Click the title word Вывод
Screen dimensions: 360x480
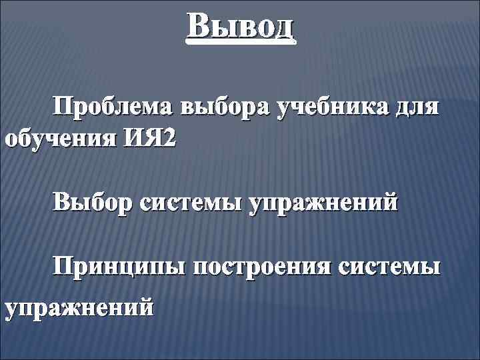pyautogui.click(x=241, y=27)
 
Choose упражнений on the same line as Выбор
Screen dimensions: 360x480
pyautogui.click(x=323, y=202)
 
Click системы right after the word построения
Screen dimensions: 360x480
pyautogui.click(x=390, y=269)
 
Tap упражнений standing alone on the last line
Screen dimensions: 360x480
pyautogui.click(x=79, y=309)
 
